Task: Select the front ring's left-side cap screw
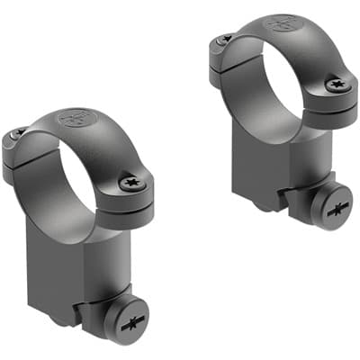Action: point(17,134)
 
